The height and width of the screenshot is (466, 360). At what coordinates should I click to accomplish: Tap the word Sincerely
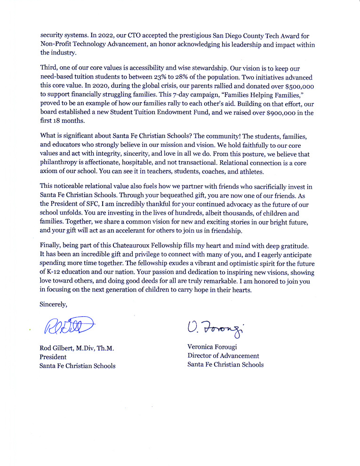pos(53,304)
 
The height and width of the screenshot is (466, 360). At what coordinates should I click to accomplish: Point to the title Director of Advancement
pos(223,356)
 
